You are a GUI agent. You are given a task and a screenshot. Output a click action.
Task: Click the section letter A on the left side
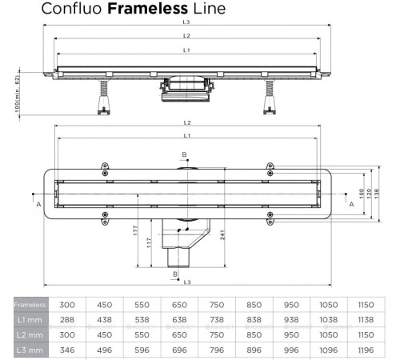coord(38,204)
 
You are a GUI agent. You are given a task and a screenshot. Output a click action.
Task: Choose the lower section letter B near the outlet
coord(175,273)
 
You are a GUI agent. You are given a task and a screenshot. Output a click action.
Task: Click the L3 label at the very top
coord(186,22)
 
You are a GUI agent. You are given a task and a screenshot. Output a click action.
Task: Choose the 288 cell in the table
coord(68,320)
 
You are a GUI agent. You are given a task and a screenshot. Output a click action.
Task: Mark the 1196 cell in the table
coord(367,350)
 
